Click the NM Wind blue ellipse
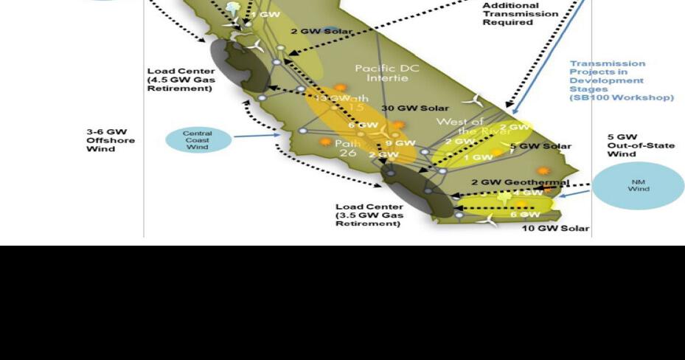(638, 185)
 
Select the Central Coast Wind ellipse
(197, 140)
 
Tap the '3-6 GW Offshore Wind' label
(111, 140)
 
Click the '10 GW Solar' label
(555, 228)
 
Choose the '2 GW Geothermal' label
(520, 182)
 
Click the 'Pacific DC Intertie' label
(386, 73)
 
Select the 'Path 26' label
(349, 148)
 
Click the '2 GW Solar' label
(321, 32)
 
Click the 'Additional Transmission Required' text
(520, 13)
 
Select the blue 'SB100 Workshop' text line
(621, 97)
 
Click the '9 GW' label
(400, 143)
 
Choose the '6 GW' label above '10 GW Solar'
(524, 215)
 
